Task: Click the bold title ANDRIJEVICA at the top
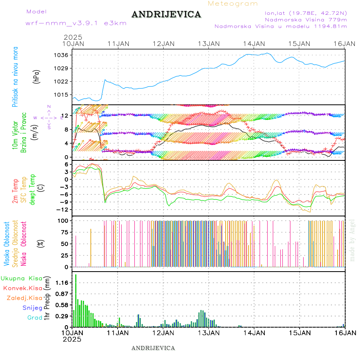tap(166, 15)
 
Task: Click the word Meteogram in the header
tap(233, 4)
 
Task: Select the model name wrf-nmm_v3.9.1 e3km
tap(76, 23)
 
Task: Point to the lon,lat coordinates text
tap(303, 13)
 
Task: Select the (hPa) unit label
tap(37, 76)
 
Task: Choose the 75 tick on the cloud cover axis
tap(65, 232)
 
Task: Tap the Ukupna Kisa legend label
tap(21, 278)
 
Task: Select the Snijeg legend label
tap(32, 308)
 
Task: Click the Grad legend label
tap(34, 318)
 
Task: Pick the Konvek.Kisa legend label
tap(22, 288)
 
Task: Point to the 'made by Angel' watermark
tap(352, 240)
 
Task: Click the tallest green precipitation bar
tap(76, 300)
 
